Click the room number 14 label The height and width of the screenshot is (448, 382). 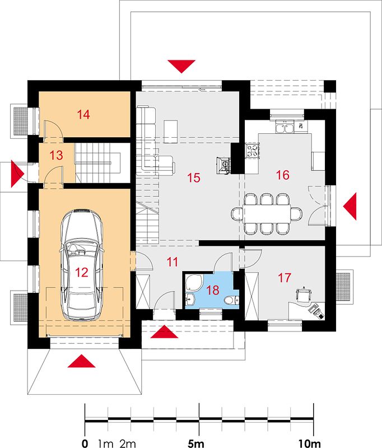coord(83,115)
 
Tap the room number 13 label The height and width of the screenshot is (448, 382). coord(56,156)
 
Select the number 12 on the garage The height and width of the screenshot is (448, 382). coord(82,272)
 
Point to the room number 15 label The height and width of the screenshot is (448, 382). coord(194,178)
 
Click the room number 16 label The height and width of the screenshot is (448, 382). coord(283,175)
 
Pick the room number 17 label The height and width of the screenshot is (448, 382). coord(285,278)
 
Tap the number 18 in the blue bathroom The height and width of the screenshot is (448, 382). coord(213,290)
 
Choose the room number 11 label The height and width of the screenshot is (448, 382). coord(173,262)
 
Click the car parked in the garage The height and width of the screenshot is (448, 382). coord(81,264)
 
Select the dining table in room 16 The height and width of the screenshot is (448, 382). coord(267,213)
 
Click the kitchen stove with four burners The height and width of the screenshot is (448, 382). coord(252,150)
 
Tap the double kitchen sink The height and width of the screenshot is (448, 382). coord(285,127)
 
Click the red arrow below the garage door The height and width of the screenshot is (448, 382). coord(81,361)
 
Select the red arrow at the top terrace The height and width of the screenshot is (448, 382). coord(181,66)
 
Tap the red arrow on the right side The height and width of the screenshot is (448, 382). coord(350,206)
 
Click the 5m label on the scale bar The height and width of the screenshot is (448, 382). coord(196,444)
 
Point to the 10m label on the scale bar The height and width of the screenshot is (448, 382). coord(310,444)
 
